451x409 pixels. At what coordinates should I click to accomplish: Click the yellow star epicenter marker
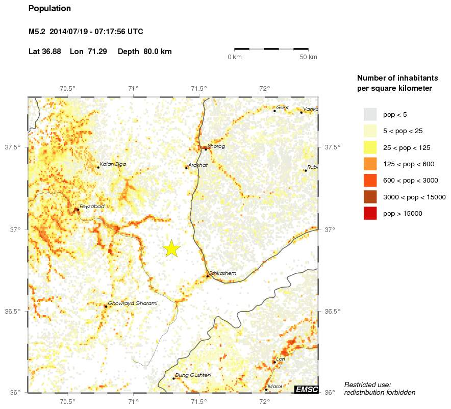click(172, 248)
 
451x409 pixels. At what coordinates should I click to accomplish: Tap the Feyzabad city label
click(92, 206)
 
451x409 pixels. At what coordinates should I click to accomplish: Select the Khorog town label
click(216, 146)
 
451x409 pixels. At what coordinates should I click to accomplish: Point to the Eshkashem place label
click(222, 273)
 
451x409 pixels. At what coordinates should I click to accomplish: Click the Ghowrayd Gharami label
click(133, 303)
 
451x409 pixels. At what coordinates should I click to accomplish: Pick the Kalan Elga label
click(113, 164)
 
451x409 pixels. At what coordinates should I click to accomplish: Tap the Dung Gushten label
click(193, 375)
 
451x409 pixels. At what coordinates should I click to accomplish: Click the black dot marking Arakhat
click(186, 168)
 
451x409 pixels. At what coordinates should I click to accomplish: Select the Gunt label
click(283, 108)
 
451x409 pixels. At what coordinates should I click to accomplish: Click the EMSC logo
click(307, 390)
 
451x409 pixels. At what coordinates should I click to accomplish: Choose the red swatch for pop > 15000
click(370, 214)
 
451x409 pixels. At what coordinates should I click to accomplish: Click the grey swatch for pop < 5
click(370, 114)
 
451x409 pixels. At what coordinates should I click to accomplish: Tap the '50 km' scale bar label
click(308, 57)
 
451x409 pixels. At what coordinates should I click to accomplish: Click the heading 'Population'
click(49, 9)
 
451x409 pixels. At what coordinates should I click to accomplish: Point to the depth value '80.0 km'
click(158, 52)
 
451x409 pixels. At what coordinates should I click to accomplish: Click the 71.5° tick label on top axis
click(198, 88)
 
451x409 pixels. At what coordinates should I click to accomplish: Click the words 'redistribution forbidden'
click(380, 392)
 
